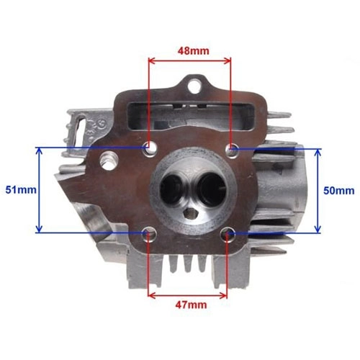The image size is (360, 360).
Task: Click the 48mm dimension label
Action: pyautogui.click(x=194, y=51)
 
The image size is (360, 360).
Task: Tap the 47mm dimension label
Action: pyautogui.click(x=191, y=305)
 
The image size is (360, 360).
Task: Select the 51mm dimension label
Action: pyautogui.click(x=21, y=190)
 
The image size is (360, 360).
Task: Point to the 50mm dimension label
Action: pyautogui.click(x=339, y=191)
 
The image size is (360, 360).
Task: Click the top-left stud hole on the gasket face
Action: pyautogui.click(x=150, y=149)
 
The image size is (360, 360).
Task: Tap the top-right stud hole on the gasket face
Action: pyautogui.click(x=232, y=150)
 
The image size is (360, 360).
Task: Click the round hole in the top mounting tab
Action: pyautogui.click(x=194, y=86)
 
